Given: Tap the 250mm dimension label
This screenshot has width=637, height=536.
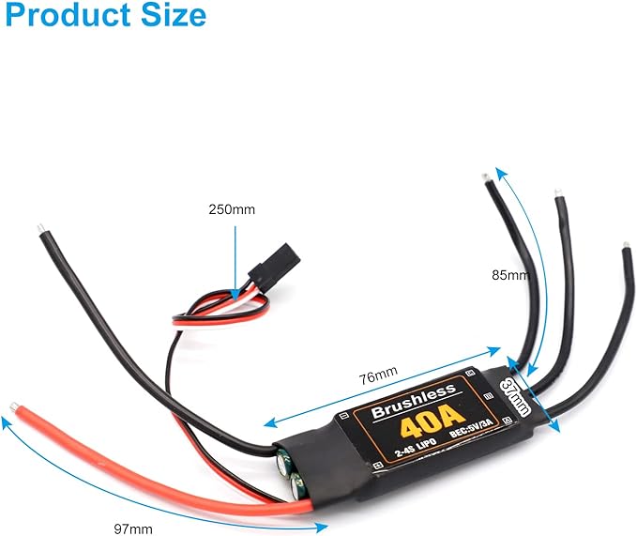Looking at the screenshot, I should pos(231,209).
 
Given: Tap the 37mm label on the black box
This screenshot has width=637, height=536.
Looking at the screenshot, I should pos(516,398).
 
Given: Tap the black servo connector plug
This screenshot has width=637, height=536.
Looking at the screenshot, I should pos(263,268).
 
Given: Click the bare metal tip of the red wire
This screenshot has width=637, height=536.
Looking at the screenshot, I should pos(13,406).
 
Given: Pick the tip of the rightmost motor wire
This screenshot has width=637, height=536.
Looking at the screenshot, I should pos(627,249).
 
